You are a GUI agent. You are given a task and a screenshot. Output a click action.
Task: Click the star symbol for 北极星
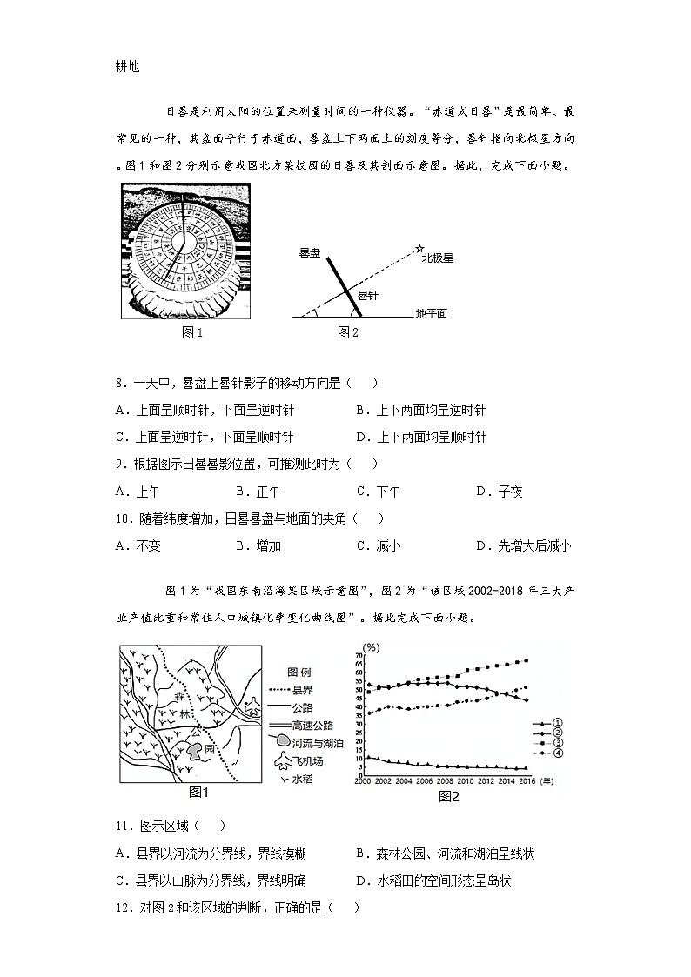419,249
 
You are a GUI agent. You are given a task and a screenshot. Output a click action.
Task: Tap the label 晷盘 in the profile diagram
310,253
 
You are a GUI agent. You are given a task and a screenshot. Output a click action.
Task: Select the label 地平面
431,314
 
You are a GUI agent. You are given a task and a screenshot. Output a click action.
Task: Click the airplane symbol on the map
252,706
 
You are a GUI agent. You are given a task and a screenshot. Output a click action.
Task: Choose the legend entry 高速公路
316,723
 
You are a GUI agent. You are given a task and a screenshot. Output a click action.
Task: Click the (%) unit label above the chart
372,647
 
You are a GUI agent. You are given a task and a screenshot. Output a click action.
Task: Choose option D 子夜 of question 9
500,492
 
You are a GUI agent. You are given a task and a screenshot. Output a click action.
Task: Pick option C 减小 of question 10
379,546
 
